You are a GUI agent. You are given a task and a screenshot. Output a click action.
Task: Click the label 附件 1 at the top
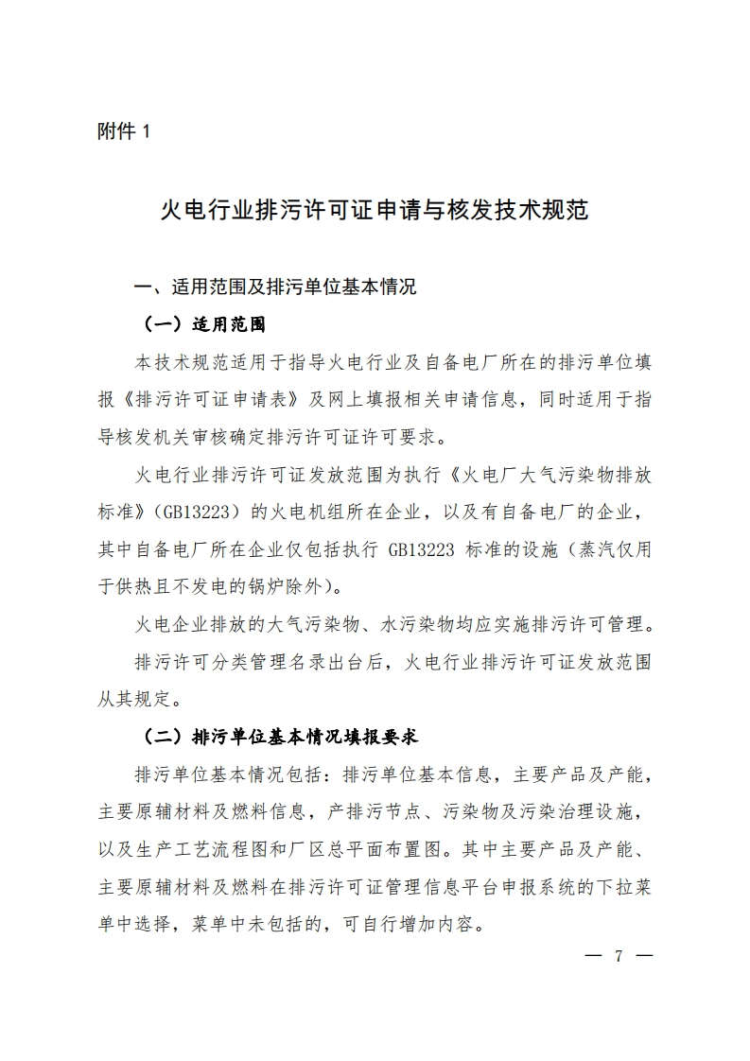point(123,132)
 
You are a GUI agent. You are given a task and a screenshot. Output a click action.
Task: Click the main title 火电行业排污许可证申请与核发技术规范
point(375,209)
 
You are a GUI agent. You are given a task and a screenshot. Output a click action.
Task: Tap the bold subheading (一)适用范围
point(204,324)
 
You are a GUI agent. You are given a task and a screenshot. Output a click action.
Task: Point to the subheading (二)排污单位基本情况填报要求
point(280,736)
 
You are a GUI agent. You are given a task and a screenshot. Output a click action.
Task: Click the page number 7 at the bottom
point(619,955)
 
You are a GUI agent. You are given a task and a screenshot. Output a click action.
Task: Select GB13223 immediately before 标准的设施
point(423,548)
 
